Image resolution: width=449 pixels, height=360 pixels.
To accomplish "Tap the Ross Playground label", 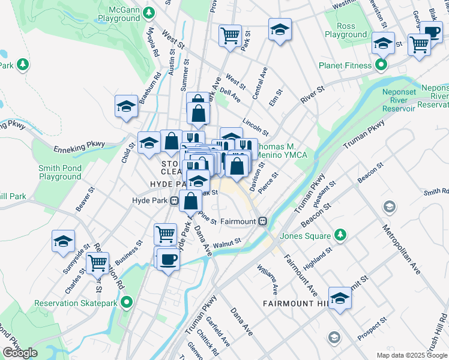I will click(345, 31).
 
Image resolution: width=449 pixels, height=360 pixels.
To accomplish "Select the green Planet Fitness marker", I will click(381, 65).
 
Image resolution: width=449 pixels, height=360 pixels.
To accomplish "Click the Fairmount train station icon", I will click(262, 221).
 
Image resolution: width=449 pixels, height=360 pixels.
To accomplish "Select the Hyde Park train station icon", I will click(173, 200).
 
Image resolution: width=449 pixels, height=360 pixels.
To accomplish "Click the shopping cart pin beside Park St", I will click(230, 35).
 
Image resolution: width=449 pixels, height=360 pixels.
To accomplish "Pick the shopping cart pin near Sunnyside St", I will click(97, 262).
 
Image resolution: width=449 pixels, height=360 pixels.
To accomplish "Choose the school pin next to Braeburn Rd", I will click(126, 106).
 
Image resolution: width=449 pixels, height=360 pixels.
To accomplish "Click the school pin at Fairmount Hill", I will click(340, 298).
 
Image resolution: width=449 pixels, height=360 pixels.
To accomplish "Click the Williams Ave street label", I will click(268, 279).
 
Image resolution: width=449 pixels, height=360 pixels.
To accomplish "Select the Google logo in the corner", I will click(20, 353).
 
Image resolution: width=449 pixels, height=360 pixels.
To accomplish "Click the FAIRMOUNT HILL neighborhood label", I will click(295, 304).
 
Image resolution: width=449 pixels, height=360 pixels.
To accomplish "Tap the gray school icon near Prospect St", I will click(334, 337).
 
